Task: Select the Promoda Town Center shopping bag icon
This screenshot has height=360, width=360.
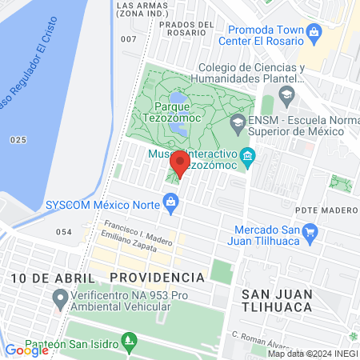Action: click(314, 32)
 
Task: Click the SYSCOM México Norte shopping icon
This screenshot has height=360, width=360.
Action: click(171, 202)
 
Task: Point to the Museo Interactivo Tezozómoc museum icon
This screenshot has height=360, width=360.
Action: click(248, 154)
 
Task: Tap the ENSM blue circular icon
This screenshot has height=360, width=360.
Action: click(237, 122)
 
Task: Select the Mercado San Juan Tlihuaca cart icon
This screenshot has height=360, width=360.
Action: click(311, 233)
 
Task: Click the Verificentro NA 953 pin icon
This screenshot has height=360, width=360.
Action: click(58, 300)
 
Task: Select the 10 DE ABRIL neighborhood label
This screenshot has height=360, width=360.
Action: click(53, 277)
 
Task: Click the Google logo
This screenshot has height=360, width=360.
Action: click(27, 350)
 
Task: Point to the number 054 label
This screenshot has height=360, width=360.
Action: click(64, 232)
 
